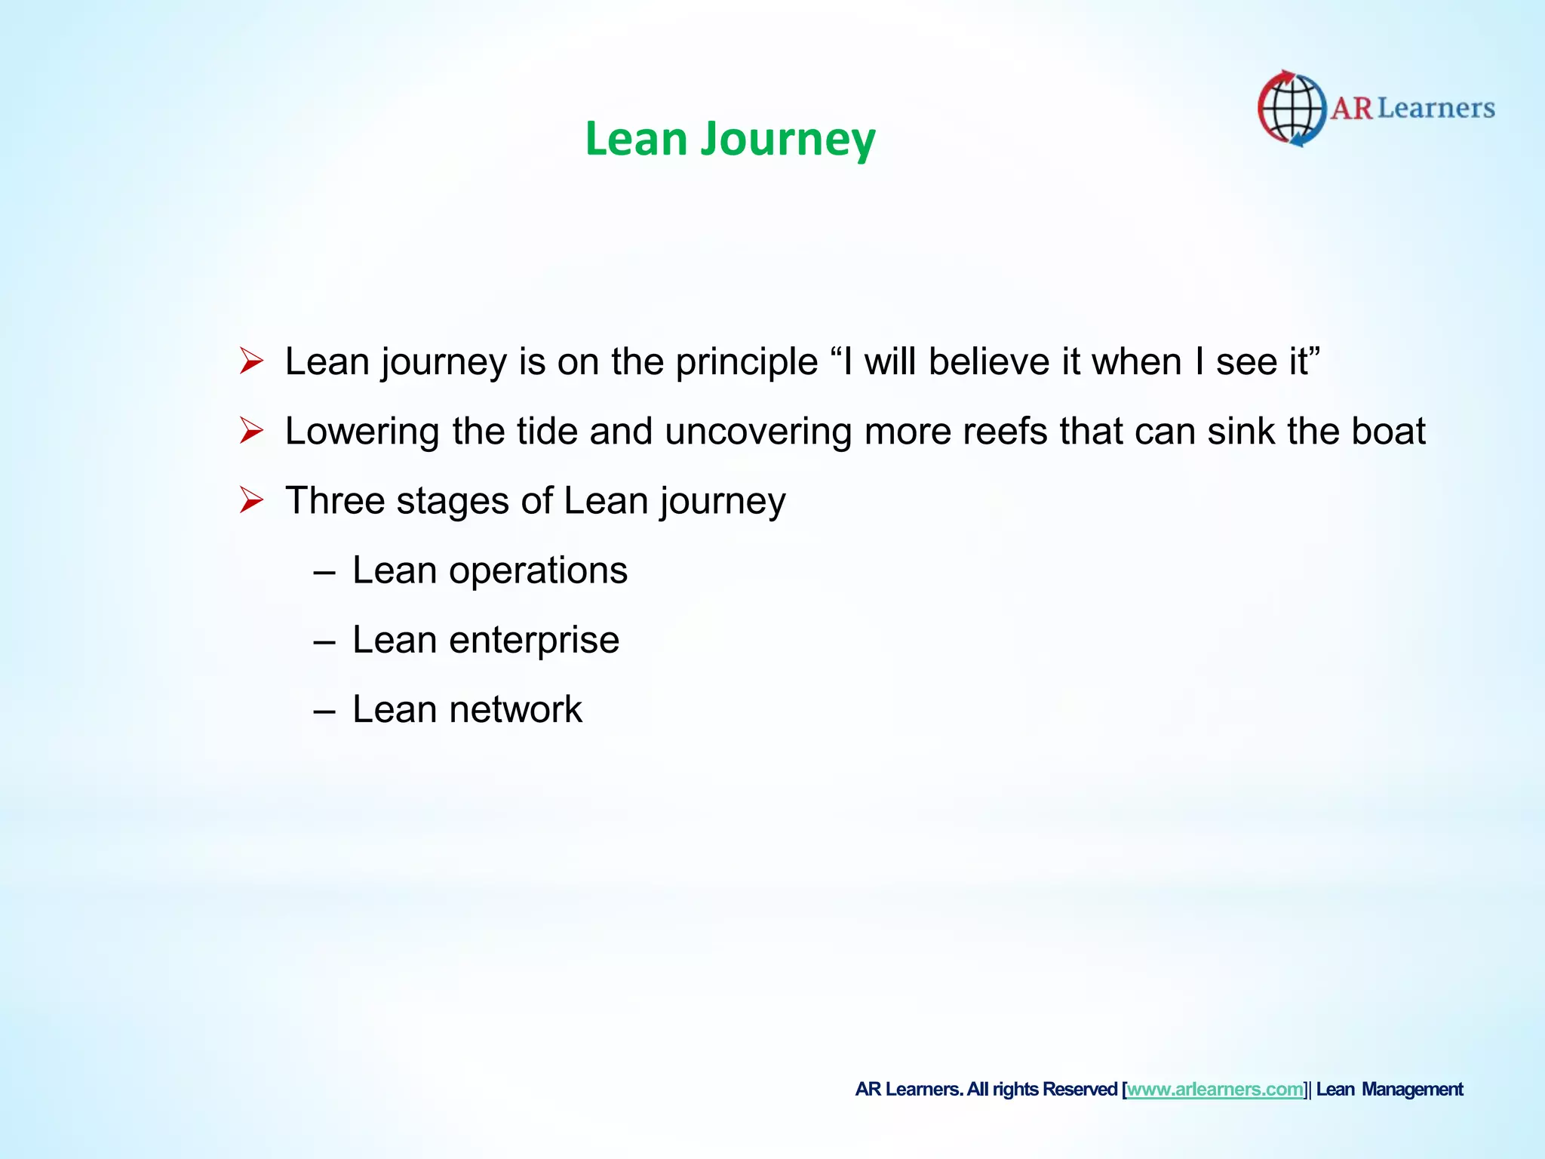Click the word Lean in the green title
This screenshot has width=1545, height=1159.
[636, 140]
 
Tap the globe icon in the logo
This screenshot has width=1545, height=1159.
[1292, 109]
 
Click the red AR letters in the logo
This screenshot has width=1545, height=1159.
[1351, 109]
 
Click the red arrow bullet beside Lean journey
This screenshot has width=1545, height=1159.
[251, 361]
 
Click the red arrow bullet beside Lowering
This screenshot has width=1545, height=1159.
[251, 431]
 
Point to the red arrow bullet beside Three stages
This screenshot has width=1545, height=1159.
[251, 500]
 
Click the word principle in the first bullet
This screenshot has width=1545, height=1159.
[746, 362]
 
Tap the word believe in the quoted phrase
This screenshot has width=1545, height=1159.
[989, 361]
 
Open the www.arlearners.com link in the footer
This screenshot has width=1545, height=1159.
[1215, 1090]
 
